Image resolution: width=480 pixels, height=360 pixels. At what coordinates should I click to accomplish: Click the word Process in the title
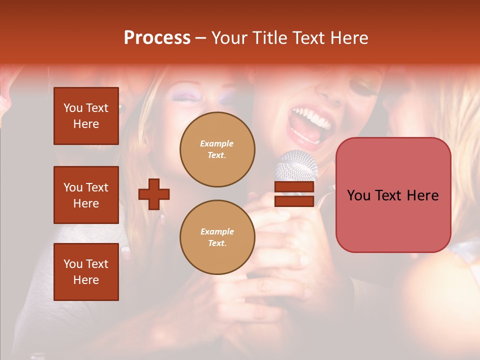pos(157,37)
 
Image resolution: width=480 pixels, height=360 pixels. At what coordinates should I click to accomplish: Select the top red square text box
pos(86,116)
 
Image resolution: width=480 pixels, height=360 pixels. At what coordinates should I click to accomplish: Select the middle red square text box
pos(86,195)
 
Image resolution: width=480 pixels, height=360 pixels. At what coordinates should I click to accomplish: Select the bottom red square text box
pos(86,271)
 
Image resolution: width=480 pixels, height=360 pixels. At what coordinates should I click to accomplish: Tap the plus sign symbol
pos(154,194)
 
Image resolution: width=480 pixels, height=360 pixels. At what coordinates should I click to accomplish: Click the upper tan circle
pos(217,149)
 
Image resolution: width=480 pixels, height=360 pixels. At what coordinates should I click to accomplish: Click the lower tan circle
pos(217,237)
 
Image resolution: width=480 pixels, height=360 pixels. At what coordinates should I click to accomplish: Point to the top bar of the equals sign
pos(294,187)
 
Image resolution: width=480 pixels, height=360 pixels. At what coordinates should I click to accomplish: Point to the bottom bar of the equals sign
pos(294,201)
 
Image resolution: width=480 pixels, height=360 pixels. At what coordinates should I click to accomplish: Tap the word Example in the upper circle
pos(217,143)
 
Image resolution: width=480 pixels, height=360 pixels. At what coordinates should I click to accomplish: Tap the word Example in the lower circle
pos(217,231)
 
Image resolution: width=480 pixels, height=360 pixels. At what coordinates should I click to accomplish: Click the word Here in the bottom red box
pos(86,280)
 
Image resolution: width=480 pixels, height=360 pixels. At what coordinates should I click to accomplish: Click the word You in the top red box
pos(72,108)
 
